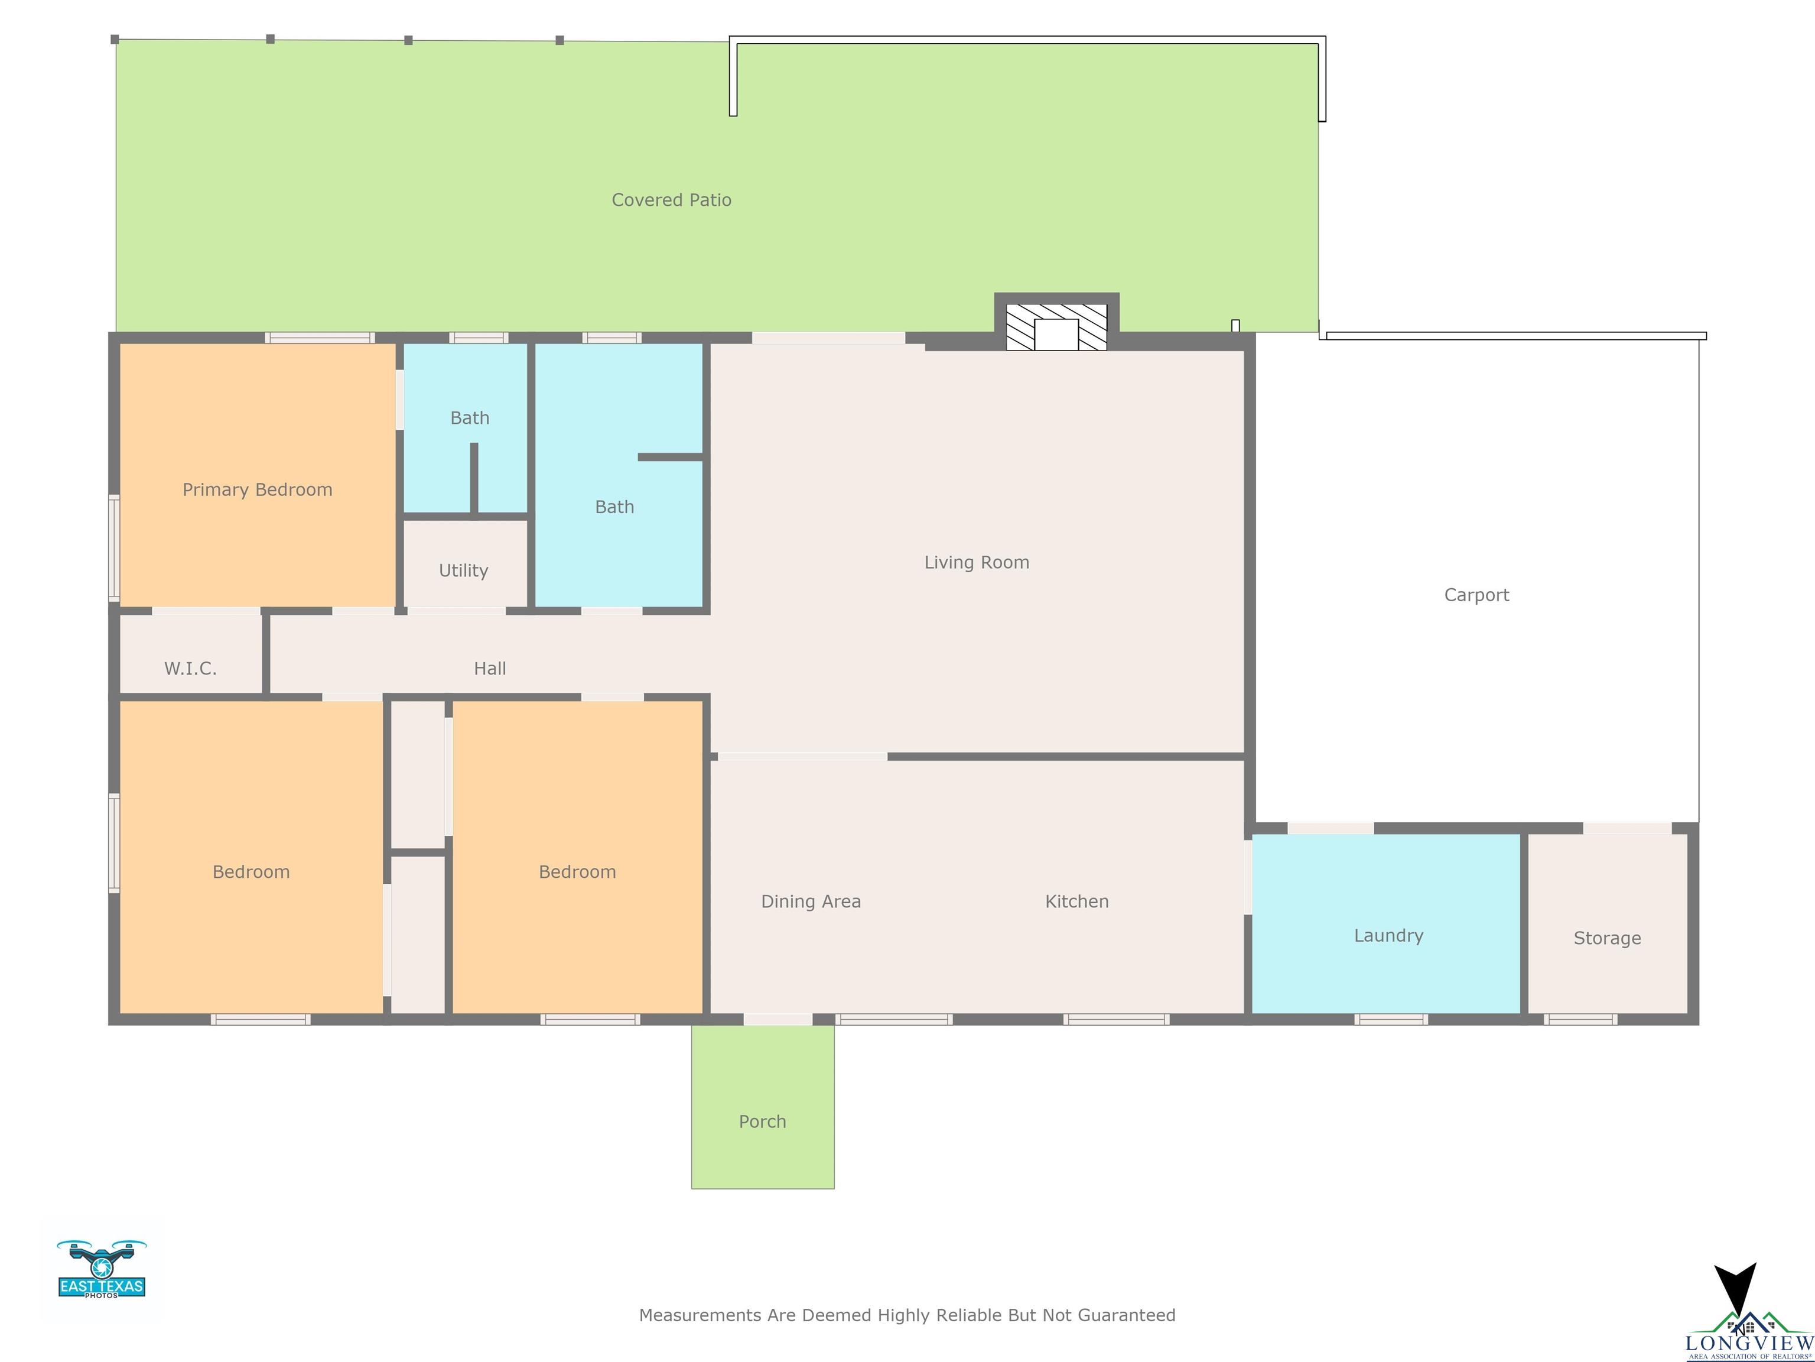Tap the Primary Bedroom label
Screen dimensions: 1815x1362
pyautogui.click(x=258, y=490)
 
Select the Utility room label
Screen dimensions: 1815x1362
pyautogui.click(x=464, y=570)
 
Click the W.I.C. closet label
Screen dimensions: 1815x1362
pyautogui.click(x=190, y=668)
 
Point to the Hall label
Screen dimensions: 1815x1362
pyautogui.click(x=490, y=668)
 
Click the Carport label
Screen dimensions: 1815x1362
pyautogui.click(x=1476, y=595)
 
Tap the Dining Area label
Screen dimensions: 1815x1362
pyautogui.click(x=811, y=901)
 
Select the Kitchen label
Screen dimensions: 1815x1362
pyautogui.click(x=1076, y=901)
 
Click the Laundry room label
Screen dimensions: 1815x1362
pyautogui.click(x=1388, y=936)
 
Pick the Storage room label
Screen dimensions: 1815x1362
pyautogui.click(x=1606, y=938)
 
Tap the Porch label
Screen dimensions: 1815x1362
pyautogui.click(x=762, y=1121)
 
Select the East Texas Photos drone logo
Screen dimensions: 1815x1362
pyautogui.click(x=102, y=1269)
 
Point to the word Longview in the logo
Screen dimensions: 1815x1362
pyautogui.click(x=1749, y=1343)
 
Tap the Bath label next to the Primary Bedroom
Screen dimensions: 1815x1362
pyautogui.click(x=469, y=419)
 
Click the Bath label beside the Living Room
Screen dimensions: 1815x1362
pyautogui.click(x=614, y=507)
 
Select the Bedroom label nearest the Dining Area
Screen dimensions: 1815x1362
pyautogui.click(x=577, y=872)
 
